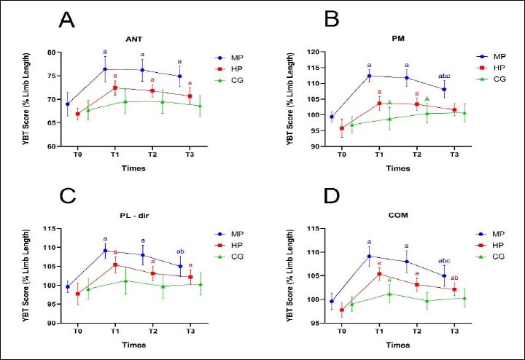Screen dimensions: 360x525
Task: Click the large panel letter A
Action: [68, 20]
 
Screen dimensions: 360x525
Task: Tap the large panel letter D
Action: [331, 197]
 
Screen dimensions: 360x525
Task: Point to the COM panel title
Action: [397, 215]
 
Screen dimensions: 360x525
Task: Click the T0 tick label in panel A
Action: [77, 155]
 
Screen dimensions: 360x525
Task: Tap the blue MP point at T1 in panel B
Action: [369, 76]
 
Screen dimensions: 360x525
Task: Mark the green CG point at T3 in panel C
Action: [200, 284]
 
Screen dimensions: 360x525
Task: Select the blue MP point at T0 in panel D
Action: [332, 301]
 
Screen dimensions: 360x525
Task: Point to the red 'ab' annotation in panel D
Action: [454, 278]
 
